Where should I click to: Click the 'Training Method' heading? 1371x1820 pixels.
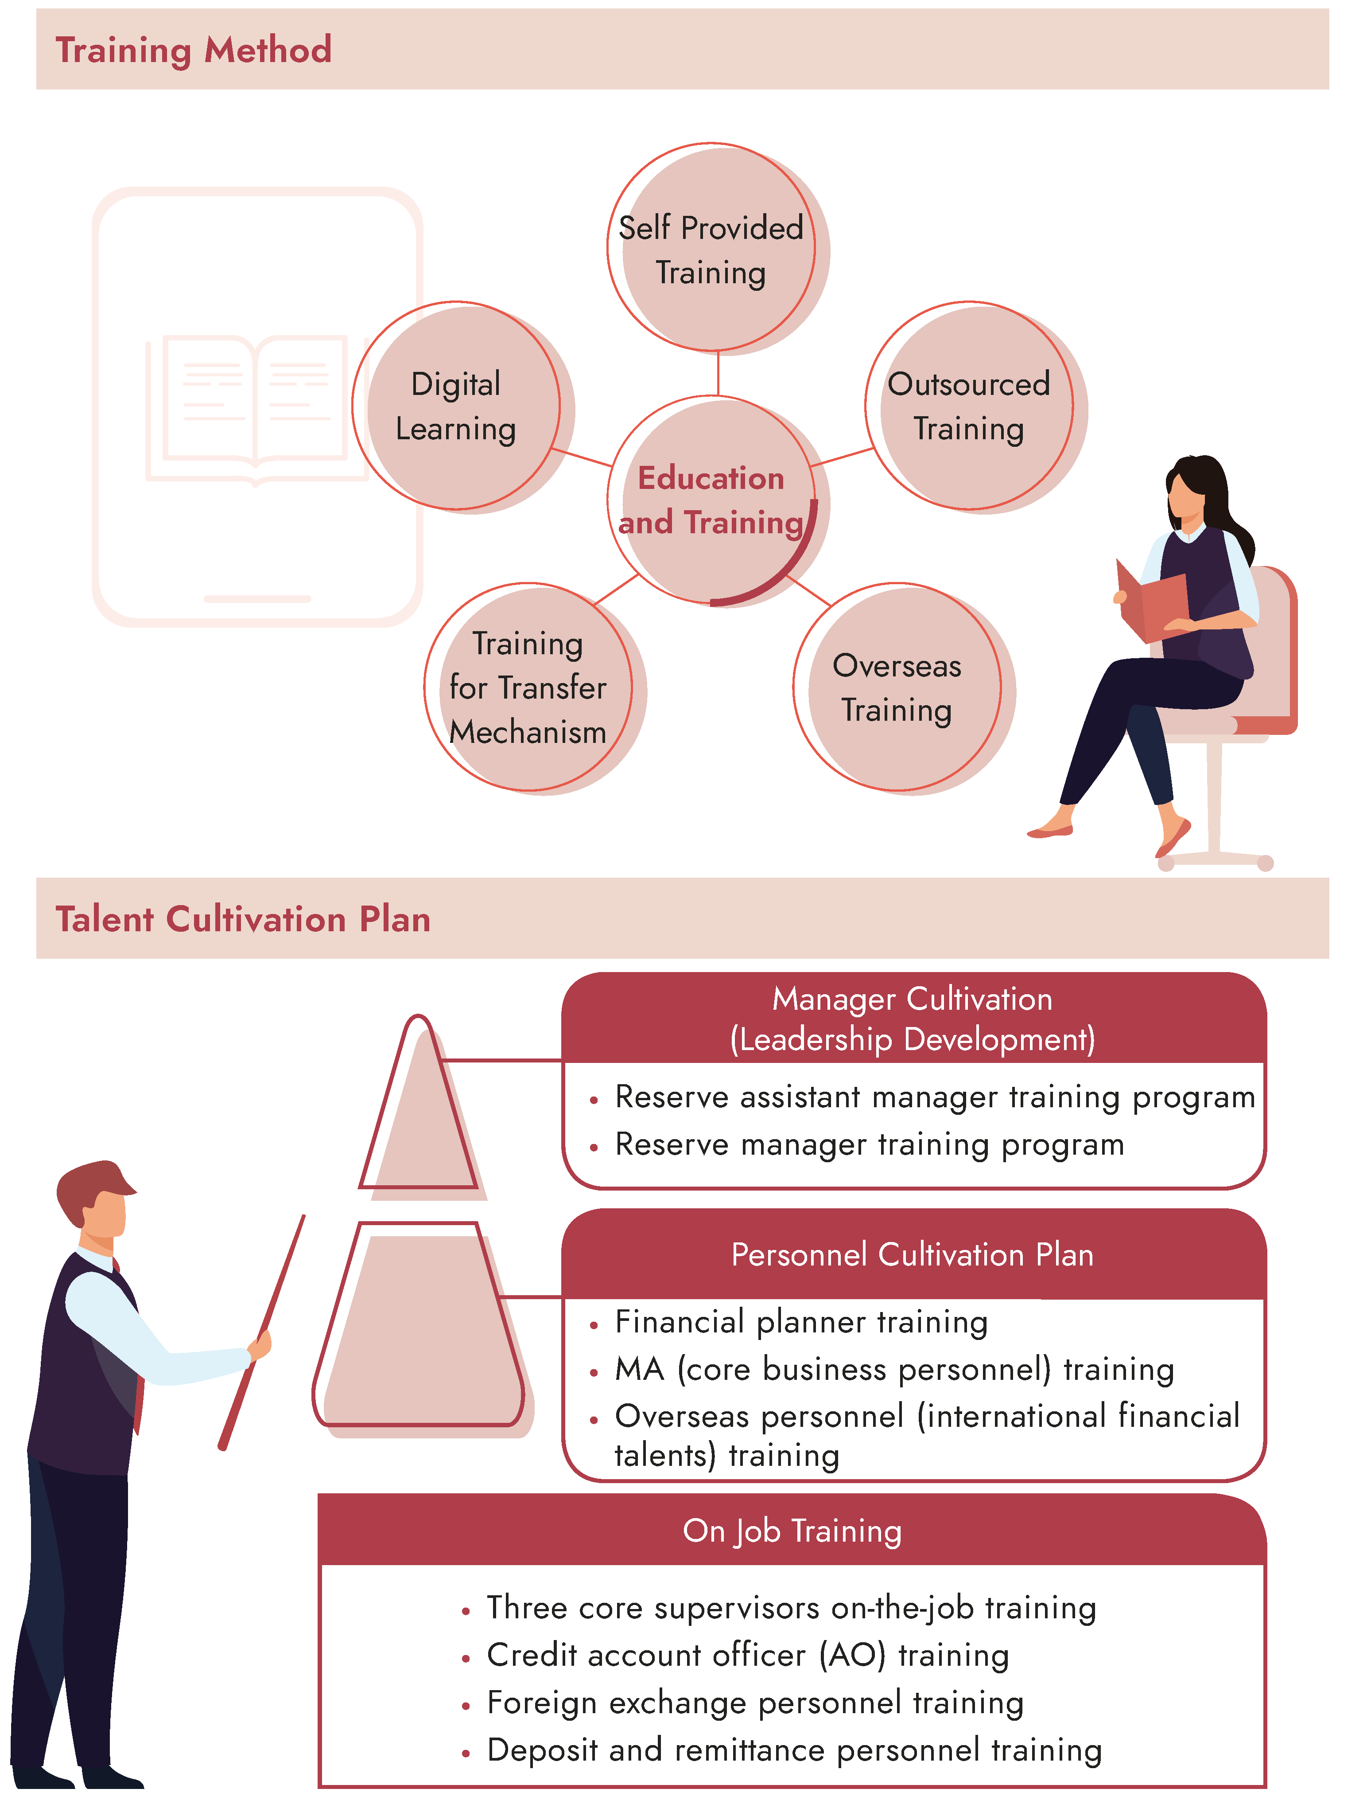193,50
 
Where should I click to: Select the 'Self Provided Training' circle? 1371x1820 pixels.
711,249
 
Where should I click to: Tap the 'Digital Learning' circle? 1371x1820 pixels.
456,406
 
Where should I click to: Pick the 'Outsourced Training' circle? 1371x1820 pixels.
969,406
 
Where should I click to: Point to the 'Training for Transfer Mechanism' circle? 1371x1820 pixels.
528,688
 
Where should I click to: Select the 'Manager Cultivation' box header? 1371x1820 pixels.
913,1019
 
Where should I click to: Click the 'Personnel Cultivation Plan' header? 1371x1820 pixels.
913,1255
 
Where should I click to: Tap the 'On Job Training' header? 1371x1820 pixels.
792,1531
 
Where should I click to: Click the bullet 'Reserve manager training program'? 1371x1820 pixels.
869,1144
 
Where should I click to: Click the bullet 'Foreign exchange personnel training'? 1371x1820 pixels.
755,1703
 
